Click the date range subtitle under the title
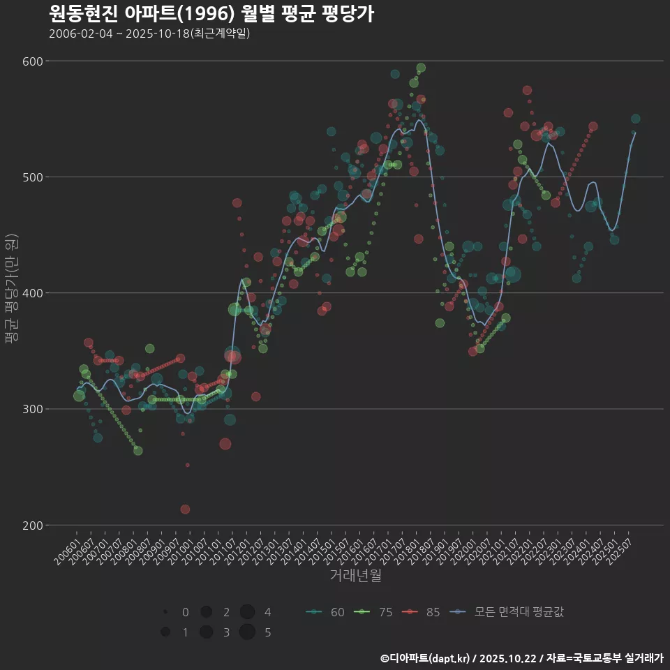pyautogui.click(x=149, y=33)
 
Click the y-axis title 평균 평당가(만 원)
pyautogui.click(x=10, y=292)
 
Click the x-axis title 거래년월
pyautogui.click(x=355, y=576)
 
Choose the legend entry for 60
pyautogui.click(x=325, y=612)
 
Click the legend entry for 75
pyautogui.click(x=373, y=612)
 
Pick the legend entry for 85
pyautogui.click(x=422, y=612)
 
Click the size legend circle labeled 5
pyautogui.click(x=247, y=632)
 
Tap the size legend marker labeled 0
pyautogui.click(x=165, y=612)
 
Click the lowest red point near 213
pyautogui.click(x=185, y=509)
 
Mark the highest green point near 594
pyautogui.click(x=421, y=68)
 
